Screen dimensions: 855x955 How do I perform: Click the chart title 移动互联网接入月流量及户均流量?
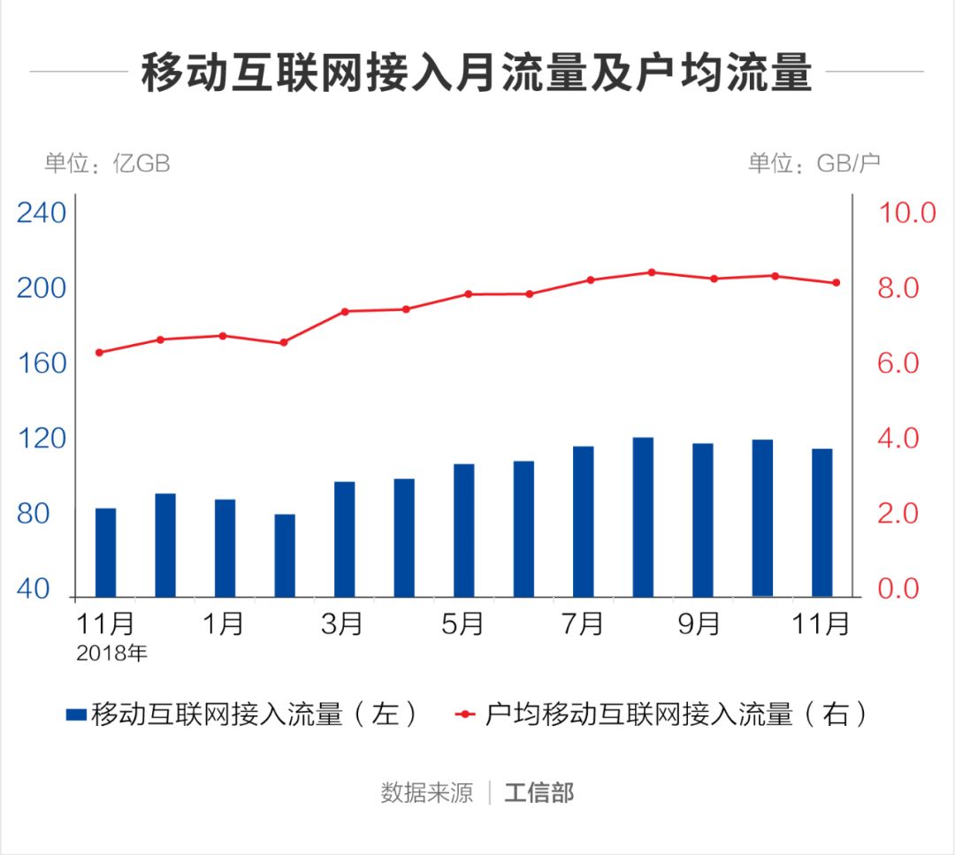pyautogui.click(x=477, y=73)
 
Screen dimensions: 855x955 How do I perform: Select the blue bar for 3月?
pyautogui.click(x=344, y=538)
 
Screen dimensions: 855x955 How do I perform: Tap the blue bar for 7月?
pyautogui.click(x=583, y=521)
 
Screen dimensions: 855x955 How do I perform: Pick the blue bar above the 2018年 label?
pyautogui.click(x=105, y=552)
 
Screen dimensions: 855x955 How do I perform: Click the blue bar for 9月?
pyautogui.click(x=702, y=519)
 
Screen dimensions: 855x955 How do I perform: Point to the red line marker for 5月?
pyautogui.click(x=468, y=294)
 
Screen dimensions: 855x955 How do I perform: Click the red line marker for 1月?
pyautogui.click(x=223, y=336)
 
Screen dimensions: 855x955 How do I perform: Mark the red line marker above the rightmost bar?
pyautogui.click(x=837, y=283)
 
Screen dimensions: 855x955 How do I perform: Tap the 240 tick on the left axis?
pyautogui.click(x=42, y=214)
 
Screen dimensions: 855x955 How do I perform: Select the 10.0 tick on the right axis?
pyautogui.click(x=905, y=213)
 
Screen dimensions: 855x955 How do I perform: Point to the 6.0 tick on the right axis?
pyautogui.click(x=899, y=363)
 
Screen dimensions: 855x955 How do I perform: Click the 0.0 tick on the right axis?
pyautogui.click(x=899, y=589)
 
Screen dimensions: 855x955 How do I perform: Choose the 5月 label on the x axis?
pyautogui.click(x=462, y=624)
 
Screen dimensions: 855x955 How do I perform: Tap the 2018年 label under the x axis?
pyautogui.click(x=111, y=655)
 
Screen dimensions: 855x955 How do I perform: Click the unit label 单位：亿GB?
pyautogui.click(x=107, y=164)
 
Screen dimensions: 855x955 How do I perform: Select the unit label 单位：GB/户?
pyautogui.click(x=814, y=164)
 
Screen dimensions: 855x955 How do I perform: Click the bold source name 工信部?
pyautogui.click(x=539, y=792)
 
